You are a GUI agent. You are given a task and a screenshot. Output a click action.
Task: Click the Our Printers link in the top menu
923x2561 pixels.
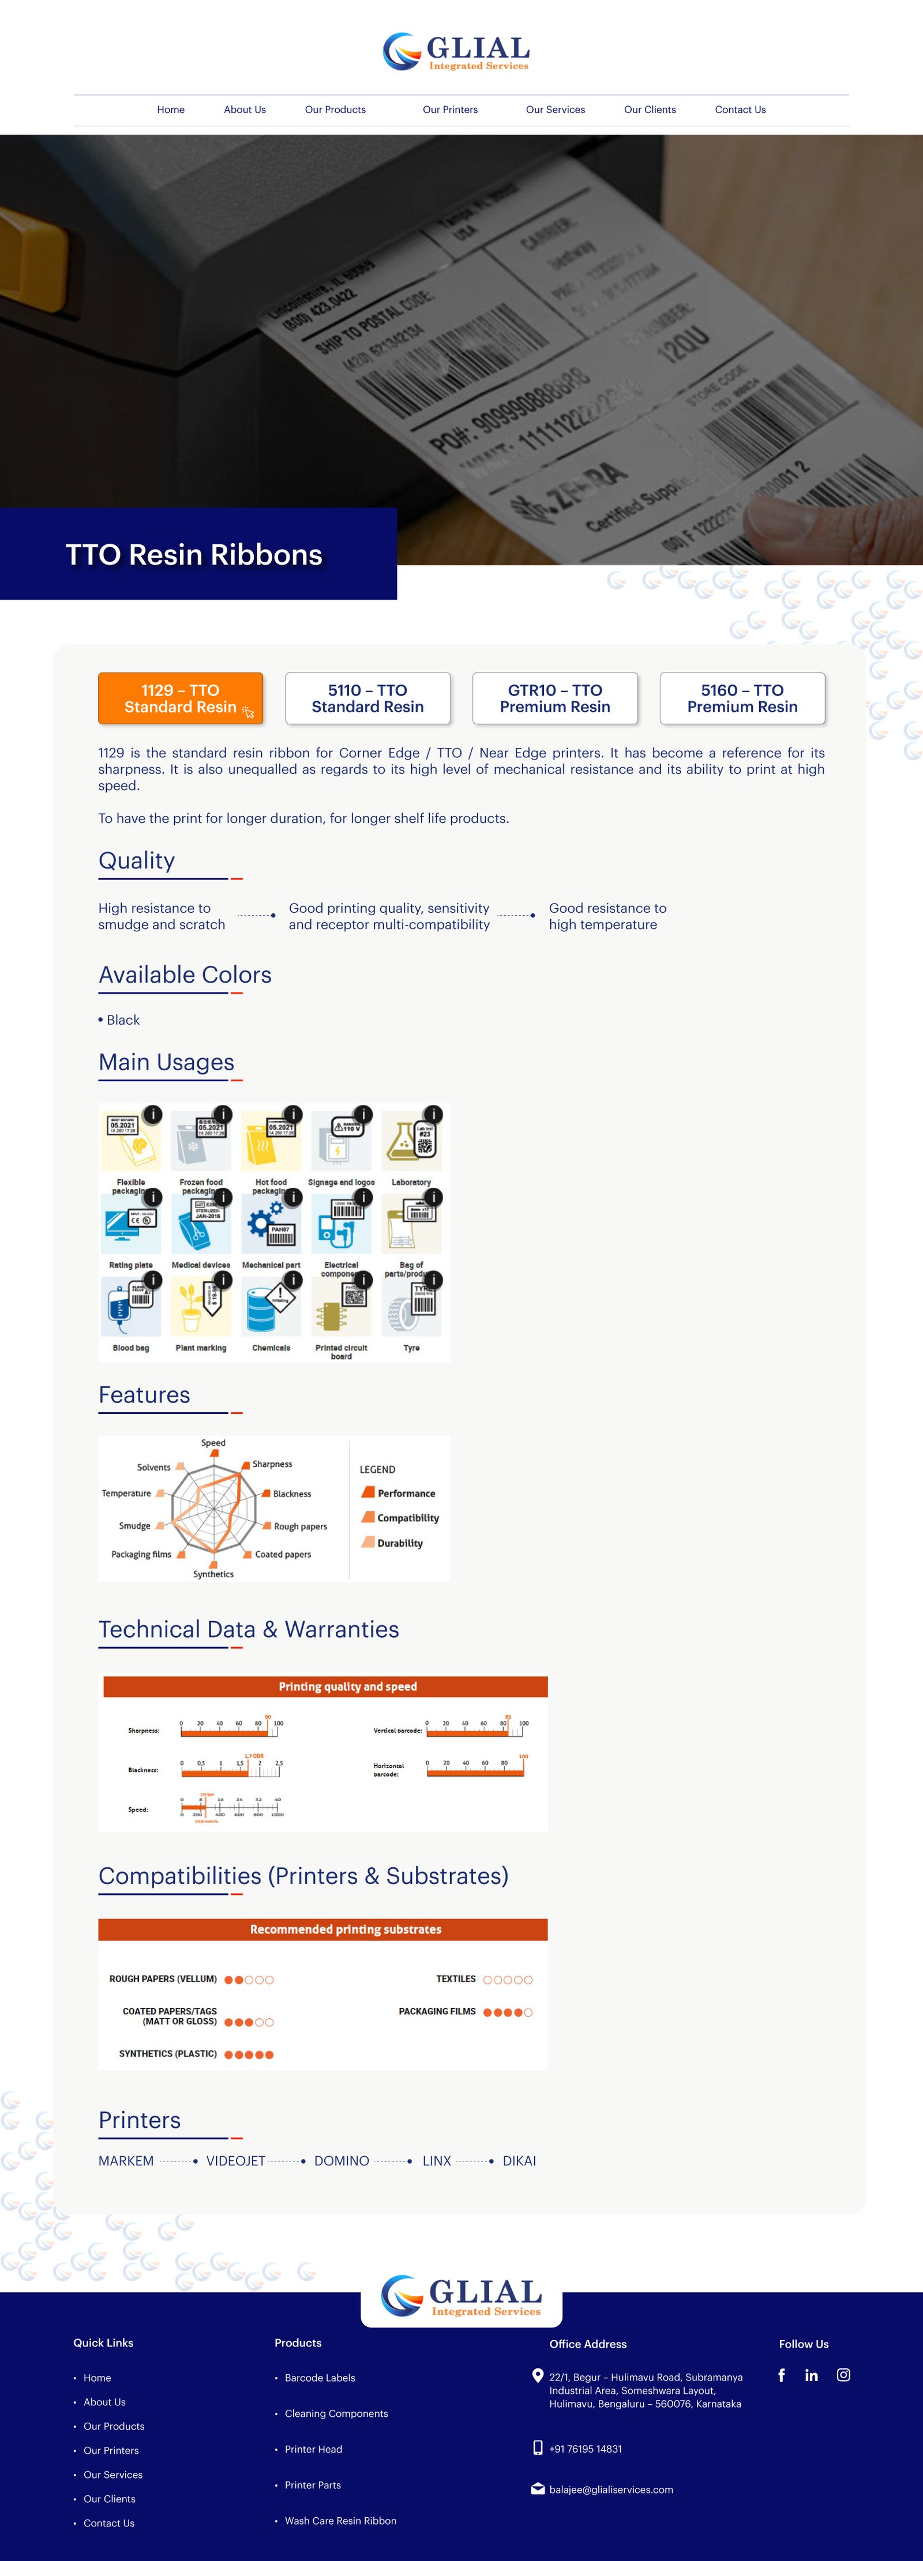449,110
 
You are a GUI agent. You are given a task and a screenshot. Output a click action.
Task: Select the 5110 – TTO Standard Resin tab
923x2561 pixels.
368,698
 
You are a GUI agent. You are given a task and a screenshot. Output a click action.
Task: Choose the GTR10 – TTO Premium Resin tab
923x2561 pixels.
555,698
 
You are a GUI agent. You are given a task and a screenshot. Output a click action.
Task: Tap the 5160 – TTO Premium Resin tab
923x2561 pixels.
742,698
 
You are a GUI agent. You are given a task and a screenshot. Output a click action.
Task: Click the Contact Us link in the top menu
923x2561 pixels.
740,110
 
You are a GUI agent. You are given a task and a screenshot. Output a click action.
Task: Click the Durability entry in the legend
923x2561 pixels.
400,1543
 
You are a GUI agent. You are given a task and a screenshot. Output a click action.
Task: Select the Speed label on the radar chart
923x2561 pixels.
213,1443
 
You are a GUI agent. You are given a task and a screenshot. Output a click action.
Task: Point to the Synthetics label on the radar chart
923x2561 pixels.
213,1574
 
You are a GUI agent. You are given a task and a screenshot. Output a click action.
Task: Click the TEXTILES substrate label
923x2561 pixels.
456,1979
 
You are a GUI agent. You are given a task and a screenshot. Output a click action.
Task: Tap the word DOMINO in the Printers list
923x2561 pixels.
341,2160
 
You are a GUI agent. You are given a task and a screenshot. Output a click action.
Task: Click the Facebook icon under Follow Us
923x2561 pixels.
782,2375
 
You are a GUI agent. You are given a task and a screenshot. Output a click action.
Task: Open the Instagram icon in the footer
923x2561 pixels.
843,2375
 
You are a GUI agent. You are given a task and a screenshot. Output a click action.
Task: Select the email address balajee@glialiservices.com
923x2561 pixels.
611,2489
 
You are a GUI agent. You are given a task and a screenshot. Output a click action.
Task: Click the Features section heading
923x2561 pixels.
144,1395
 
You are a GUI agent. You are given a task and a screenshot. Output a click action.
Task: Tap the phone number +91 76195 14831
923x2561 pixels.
585,2449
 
